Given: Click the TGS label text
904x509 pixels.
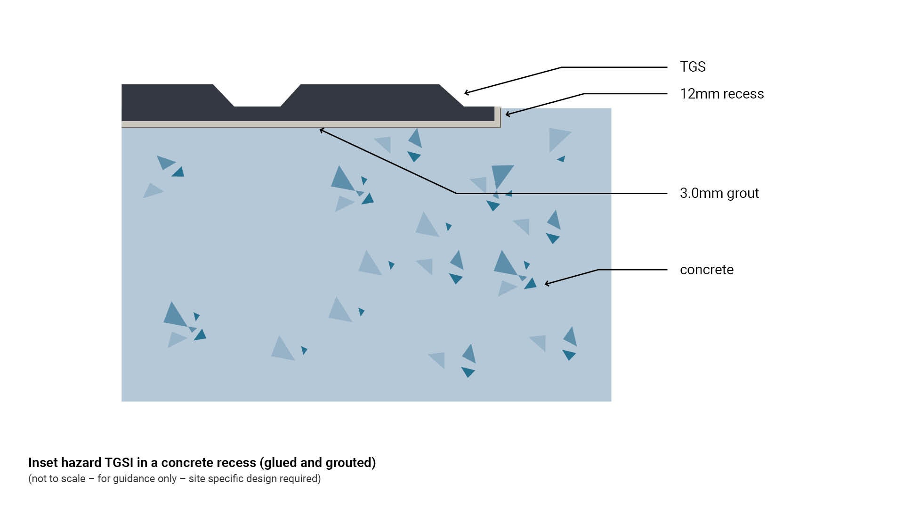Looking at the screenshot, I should click(x=692, y=67).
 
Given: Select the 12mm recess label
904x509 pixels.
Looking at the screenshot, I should click(x=721, y=94).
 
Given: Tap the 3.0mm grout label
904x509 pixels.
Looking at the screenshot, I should click(x=719, y=193).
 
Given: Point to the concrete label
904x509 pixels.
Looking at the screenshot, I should click(x=706, y=270).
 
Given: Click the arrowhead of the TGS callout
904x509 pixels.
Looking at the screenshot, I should click(x=466, y=93).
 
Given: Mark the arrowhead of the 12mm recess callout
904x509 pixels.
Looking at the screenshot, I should click(x=507, y=114).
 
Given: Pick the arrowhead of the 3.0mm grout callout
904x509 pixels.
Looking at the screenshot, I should click(x=321, y=130).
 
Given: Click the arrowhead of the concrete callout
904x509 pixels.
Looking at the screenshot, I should click(x=546, y=284).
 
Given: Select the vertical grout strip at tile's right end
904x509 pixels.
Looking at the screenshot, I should click(x=497, y=116).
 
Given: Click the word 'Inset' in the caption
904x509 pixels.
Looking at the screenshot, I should click(x=42, y=463).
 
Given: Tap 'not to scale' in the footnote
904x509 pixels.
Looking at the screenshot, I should click(x=58, y=479).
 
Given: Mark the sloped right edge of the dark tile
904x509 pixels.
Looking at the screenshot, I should click(x=451, y=95).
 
